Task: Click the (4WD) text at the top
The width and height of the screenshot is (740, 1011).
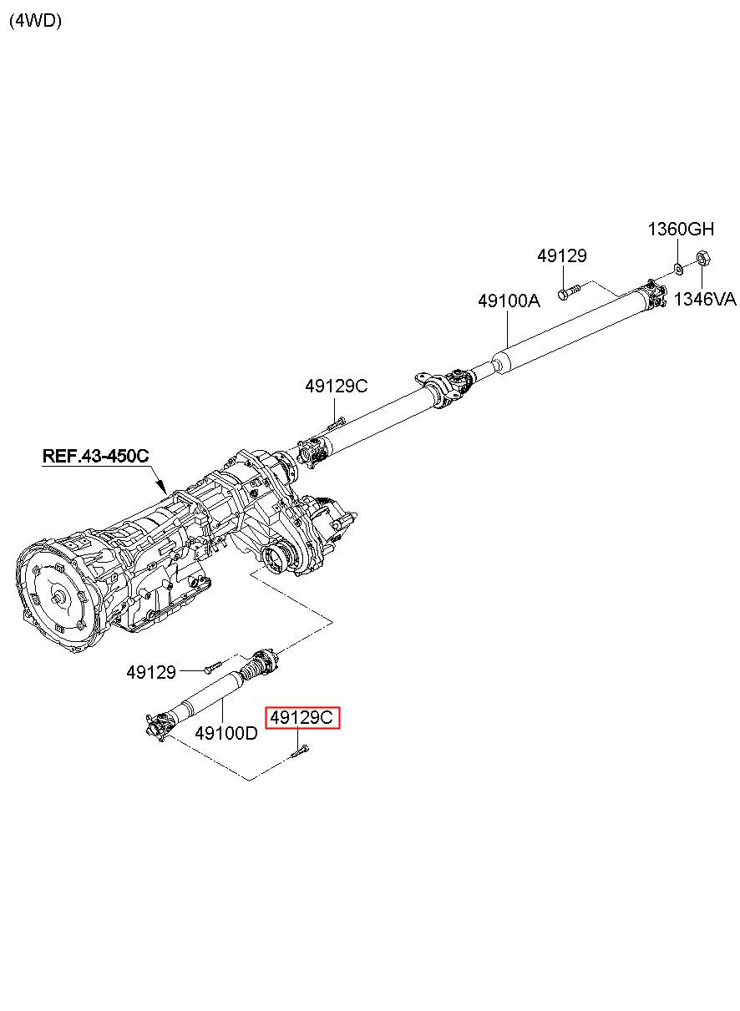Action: [35, 22]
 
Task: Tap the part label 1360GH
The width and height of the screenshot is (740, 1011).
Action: [682, 229]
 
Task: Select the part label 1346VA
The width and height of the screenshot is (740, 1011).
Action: [705, 299]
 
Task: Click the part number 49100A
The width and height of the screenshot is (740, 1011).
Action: [509, 301]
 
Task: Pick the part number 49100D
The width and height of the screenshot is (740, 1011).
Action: [226, 733]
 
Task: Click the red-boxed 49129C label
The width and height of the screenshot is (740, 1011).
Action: [303, 717]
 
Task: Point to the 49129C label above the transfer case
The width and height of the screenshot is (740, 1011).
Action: [336, 386]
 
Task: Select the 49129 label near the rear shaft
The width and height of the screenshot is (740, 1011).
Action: [562, 256]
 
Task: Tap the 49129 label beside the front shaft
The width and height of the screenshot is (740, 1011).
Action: [151, 671]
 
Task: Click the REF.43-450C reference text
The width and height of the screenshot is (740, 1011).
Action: [96, 456]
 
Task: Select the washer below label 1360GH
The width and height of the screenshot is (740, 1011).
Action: [678, 269]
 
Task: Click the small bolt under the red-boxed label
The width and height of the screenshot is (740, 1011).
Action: [300, 751]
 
